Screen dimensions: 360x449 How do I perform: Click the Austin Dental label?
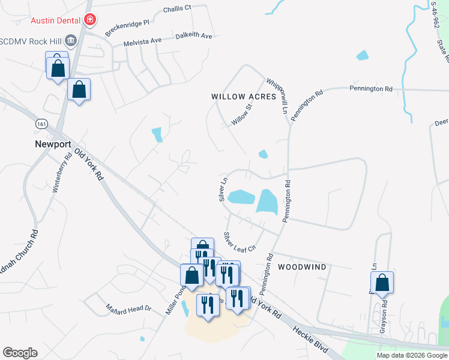point(56,20)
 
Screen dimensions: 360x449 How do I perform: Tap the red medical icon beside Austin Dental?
point(90,20)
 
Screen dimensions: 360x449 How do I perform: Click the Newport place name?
point(53,144)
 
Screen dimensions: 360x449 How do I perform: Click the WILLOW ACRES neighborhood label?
point(243,96)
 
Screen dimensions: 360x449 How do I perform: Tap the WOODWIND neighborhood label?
point(302,266)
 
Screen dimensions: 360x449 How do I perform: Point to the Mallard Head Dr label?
point(128,308)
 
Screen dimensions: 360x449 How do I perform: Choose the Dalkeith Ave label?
point(194,36)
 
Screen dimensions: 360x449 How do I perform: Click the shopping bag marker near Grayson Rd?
point(382,282)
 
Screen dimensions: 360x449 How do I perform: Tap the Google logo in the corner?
point(20,353)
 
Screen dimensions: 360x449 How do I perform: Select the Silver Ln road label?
point(224,188)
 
